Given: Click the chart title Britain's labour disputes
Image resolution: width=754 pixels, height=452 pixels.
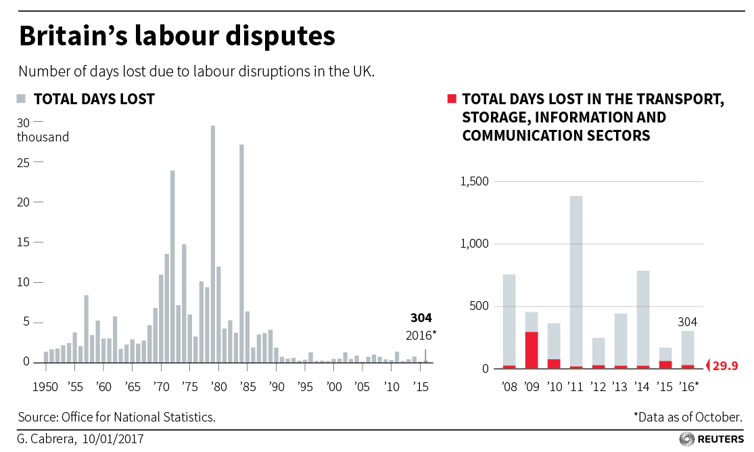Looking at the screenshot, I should (x=177, y=36).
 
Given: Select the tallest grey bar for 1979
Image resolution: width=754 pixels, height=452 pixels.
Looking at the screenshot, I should (x=213, y=244).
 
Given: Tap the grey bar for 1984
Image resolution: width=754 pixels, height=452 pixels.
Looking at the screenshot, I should (x=241, y=254).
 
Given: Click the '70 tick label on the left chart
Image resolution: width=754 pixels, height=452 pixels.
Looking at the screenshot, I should (x=161, y=387).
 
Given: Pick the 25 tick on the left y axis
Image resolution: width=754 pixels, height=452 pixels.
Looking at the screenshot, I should (x=24, y=162).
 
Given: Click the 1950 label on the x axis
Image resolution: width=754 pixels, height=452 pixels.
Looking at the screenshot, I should (x=46, y=387).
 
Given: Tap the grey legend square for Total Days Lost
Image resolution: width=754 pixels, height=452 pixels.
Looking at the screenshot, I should (x=21, y=99).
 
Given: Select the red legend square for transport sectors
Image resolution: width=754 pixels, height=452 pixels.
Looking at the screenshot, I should (x=452, y=99).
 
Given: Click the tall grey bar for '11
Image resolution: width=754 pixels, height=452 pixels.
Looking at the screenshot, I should (x=576, y=281).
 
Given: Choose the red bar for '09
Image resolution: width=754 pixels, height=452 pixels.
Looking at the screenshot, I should (x=532, y=350).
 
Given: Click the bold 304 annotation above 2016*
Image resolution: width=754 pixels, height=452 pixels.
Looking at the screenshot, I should (x=421, y=318).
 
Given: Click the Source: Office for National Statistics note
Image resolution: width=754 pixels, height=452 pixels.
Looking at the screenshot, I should (x=117, y=417).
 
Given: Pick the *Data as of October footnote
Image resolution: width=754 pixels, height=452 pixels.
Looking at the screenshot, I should (x=688, y=417).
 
